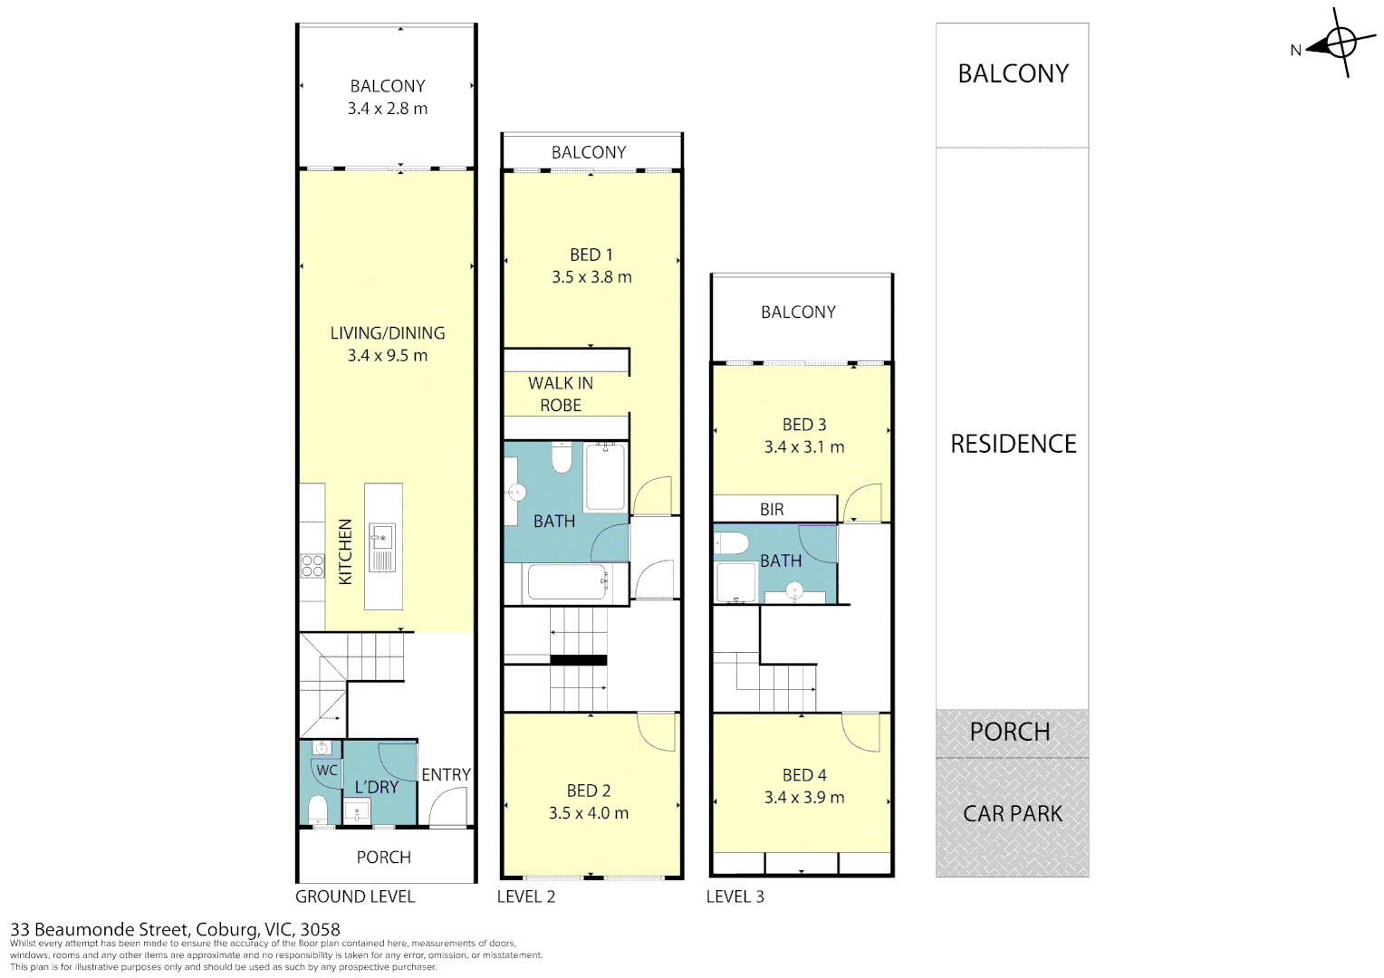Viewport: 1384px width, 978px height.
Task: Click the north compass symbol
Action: (1339, 43)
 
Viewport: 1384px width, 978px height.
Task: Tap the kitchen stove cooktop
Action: (312, 565)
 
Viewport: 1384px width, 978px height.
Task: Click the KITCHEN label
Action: (345, 551)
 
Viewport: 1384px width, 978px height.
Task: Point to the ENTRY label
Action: (447, 775)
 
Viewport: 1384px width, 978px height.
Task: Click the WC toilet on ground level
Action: (318, 810)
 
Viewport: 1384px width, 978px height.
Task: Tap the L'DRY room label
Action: (376, 787)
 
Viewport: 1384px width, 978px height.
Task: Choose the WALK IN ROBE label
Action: (561, 394)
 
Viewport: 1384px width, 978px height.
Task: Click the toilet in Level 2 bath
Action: (562, 458)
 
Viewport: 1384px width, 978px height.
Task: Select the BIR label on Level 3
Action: (772, 510)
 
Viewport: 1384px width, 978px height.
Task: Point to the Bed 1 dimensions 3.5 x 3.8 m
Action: (591, 277)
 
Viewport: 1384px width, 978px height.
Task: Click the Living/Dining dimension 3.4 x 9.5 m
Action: (388, 355)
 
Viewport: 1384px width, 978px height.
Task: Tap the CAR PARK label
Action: (1013, 814)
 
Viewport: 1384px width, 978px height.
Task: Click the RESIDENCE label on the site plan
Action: (1014, 444)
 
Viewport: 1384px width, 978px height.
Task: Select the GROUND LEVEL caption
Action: (355, 896)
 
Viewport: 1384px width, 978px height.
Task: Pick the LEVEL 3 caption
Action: (735, 896)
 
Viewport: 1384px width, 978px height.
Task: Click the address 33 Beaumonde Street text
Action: (98, 929)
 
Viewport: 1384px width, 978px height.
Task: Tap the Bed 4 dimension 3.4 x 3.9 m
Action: (803, 797)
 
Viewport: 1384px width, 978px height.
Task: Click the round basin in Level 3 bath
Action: (794, 591)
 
